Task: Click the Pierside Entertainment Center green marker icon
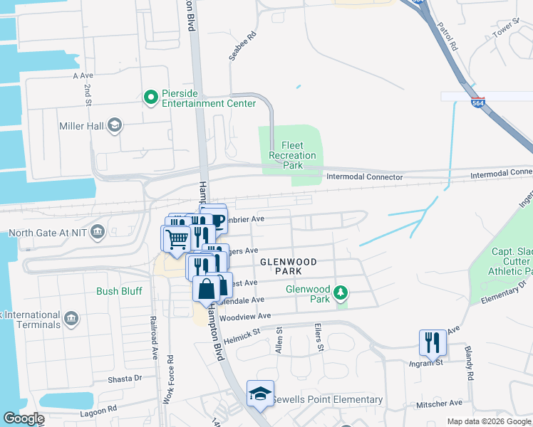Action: click(150, 97)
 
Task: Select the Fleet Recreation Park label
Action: click(292, 155)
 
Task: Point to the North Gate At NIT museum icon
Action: click(98, 232)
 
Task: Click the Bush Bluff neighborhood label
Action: click(120, 291)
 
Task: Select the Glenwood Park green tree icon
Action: click(342, 292)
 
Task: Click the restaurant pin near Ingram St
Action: click(432, 342)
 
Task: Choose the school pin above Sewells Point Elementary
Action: click(260, 393)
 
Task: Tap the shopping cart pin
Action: click(176, 239)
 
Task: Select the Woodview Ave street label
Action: click(246, 315)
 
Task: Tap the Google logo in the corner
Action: click(23, 418)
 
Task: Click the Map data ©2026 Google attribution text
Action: click(488, 421)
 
